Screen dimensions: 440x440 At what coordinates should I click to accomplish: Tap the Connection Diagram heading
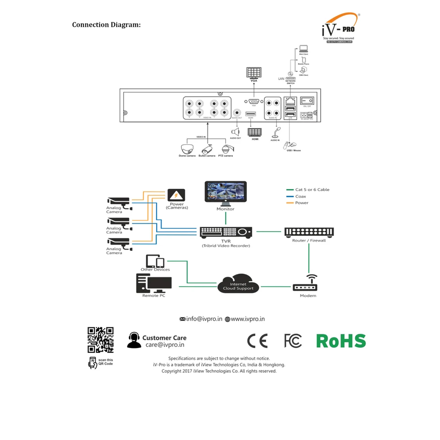point(106,25)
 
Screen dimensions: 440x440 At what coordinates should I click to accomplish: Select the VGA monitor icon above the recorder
point(254,73)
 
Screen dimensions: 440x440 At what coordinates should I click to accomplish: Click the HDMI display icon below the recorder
point(254,132)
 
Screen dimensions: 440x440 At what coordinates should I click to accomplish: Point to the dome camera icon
point(187,149)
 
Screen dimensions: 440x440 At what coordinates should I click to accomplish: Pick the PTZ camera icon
point(226,149)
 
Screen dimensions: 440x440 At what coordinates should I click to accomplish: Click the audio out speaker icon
point(235,132)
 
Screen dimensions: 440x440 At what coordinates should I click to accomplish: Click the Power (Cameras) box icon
point(176,195)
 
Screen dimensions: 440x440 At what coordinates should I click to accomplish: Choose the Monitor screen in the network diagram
point(226,192)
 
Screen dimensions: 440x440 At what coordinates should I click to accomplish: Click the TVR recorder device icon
point(226,232)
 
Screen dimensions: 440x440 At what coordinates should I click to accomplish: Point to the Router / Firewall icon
point(309,232)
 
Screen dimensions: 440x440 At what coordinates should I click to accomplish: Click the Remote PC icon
point(153,283)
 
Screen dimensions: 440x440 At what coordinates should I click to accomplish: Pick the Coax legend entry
point(301,196)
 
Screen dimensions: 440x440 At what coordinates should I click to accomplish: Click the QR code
point(100,340)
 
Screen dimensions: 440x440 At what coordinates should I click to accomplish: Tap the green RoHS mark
point(341,341)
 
